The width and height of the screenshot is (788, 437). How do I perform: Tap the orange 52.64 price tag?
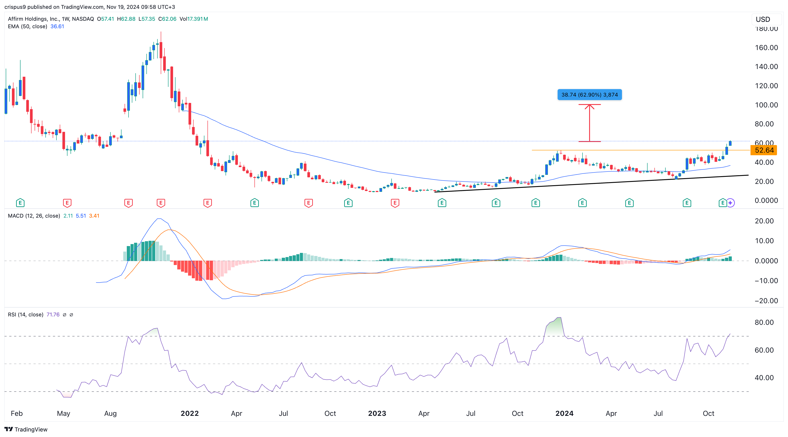[x=764, y=150]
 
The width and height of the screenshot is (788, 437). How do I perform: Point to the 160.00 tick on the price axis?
[x=766, y=48]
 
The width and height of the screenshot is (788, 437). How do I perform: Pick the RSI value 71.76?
[x=53, y=315]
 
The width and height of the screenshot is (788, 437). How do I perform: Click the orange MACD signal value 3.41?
[x=94, y=216]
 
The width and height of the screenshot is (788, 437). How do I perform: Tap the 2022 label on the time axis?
[x=190, y=413]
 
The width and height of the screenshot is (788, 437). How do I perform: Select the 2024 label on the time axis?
[x=564, y=413]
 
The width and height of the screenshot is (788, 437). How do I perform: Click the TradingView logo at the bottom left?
[x=26, y=429]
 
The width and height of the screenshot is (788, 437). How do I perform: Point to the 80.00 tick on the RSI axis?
[x=764, y=322]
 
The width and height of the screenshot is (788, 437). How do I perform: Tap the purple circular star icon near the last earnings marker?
[x=730, y=203]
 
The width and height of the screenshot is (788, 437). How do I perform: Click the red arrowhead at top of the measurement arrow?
[x=590, y=106]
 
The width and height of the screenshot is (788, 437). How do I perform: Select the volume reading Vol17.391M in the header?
[x=194, y=19]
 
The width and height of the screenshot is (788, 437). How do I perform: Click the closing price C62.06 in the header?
[x=167, y=19]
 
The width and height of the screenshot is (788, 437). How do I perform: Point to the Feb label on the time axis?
[x=17, y=413]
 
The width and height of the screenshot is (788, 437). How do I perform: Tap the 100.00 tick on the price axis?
[x=766, y=105]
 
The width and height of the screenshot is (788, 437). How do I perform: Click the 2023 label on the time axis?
[x=377, y=413]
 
